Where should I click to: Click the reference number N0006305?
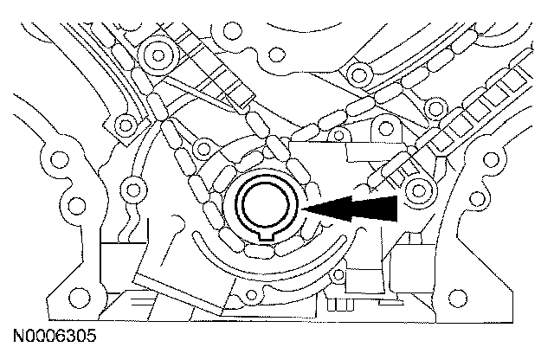[54, 333]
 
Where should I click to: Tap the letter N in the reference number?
[18, 333]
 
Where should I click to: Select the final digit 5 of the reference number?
[91, 333]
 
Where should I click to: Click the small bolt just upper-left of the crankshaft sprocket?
[206, 145]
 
